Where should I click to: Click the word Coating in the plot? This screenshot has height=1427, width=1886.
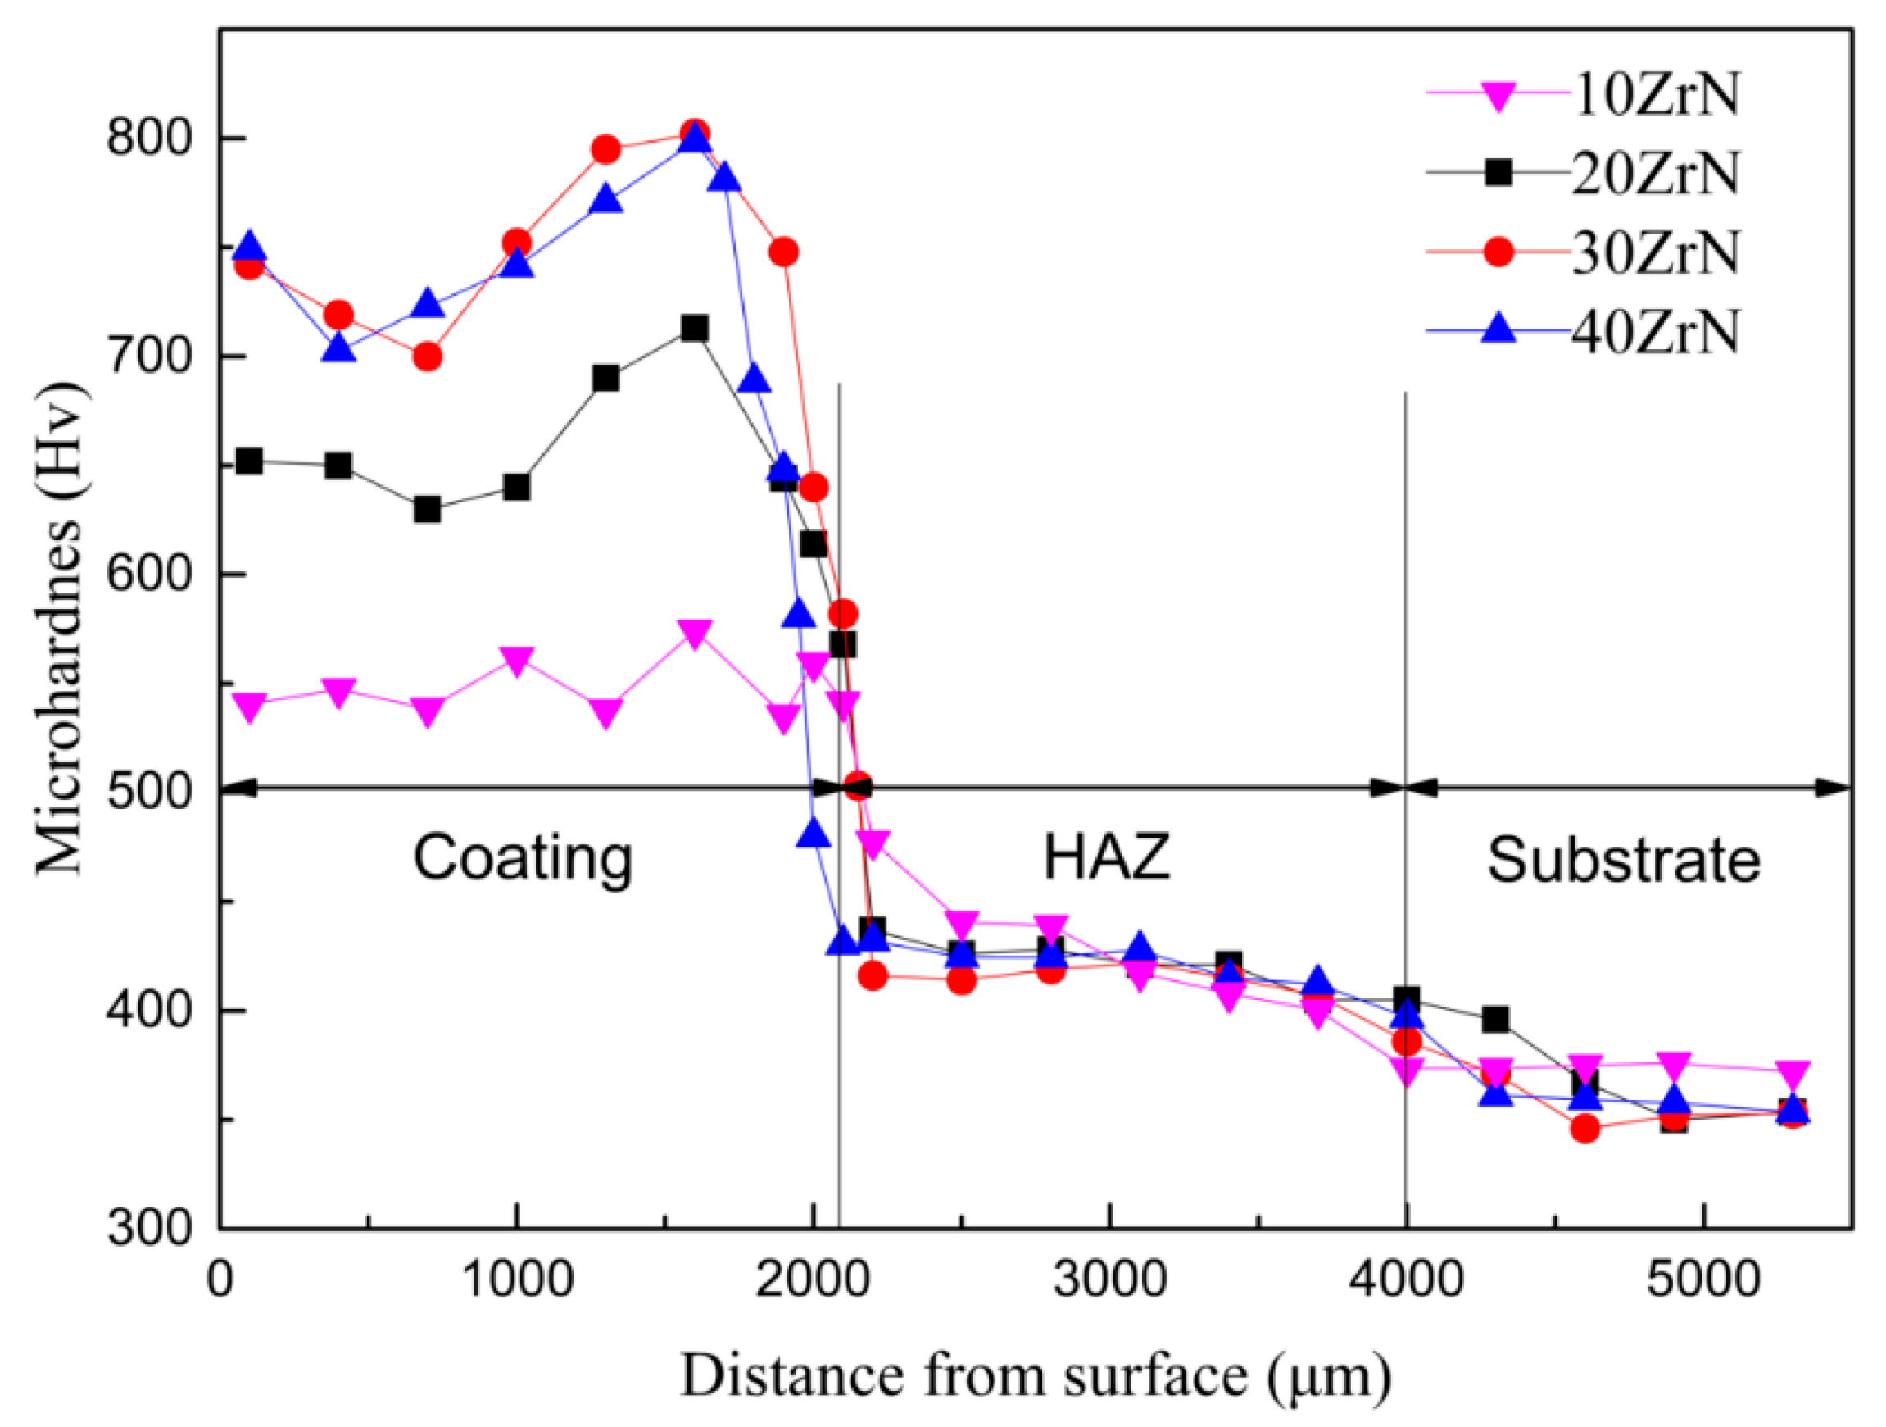[x=523, y=859]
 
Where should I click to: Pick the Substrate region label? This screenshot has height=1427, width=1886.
[x=1623, y=860]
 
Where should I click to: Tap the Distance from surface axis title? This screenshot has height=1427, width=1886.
[x=1035, y=1376]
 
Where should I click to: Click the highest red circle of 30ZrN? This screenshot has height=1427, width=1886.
[x=695, y=133]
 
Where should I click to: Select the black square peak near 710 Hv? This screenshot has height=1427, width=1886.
[x=695, y=329]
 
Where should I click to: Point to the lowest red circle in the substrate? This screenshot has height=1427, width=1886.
[x=1585, y=1129]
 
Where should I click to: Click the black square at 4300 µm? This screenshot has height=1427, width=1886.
[x=1495, y=1020]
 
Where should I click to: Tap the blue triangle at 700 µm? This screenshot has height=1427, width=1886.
[x=427, y=305]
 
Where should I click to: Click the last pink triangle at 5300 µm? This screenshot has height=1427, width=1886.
[x=1793, y=1072]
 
